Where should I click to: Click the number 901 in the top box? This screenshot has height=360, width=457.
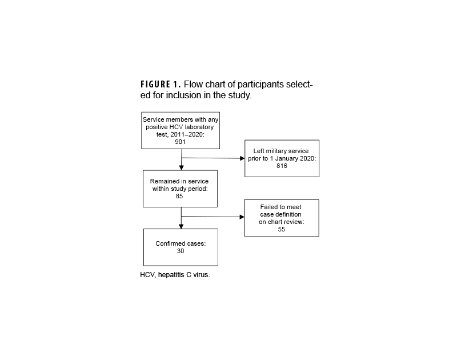coord(181,142)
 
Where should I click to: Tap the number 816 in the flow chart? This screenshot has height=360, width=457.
coord(281,166)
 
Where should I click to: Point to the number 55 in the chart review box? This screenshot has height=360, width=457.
coord(281,229)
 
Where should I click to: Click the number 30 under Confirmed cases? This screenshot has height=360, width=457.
coord(181,251)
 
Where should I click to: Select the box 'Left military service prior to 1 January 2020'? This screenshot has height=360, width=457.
coord(281,158)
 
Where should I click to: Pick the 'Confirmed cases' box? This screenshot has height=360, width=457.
coord(181,247)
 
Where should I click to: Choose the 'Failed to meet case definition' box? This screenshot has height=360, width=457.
coord(281,218)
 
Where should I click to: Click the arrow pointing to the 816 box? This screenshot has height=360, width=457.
coord(240,158)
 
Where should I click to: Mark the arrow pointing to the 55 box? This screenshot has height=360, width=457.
coord(240,217)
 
